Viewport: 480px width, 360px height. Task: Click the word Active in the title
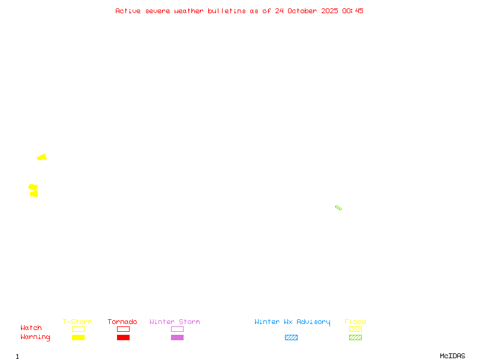[x=128, y=11]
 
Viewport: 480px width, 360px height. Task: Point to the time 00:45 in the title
[x=353, y=11]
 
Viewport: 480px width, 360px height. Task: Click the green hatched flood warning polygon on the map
[x=338, y=208]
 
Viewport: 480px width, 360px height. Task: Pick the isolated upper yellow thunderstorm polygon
[x=42, y=157]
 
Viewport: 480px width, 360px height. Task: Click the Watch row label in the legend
[x=31, y=328]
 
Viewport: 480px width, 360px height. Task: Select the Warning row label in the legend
[x=35, y=337]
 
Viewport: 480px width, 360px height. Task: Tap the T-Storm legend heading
[x=77, y=322]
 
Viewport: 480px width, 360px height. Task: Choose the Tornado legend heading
[x=122, y=322]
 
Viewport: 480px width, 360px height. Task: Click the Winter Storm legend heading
[x=175, y=322]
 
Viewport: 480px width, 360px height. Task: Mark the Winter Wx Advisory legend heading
[x=292, y=322]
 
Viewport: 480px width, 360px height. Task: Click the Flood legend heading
[x=355, y=322]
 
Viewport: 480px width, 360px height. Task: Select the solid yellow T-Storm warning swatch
[x=78, y=337]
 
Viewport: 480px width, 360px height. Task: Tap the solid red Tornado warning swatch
[x=123, y=337]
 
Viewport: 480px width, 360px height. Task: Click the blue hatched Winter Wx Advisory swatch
[x=291, y=337]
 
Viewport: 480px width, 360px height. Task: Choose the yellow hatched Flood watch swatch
[x=355, y=329]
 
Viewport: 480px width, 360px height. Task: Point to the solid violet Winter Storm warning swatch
[x=177, y=337]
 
